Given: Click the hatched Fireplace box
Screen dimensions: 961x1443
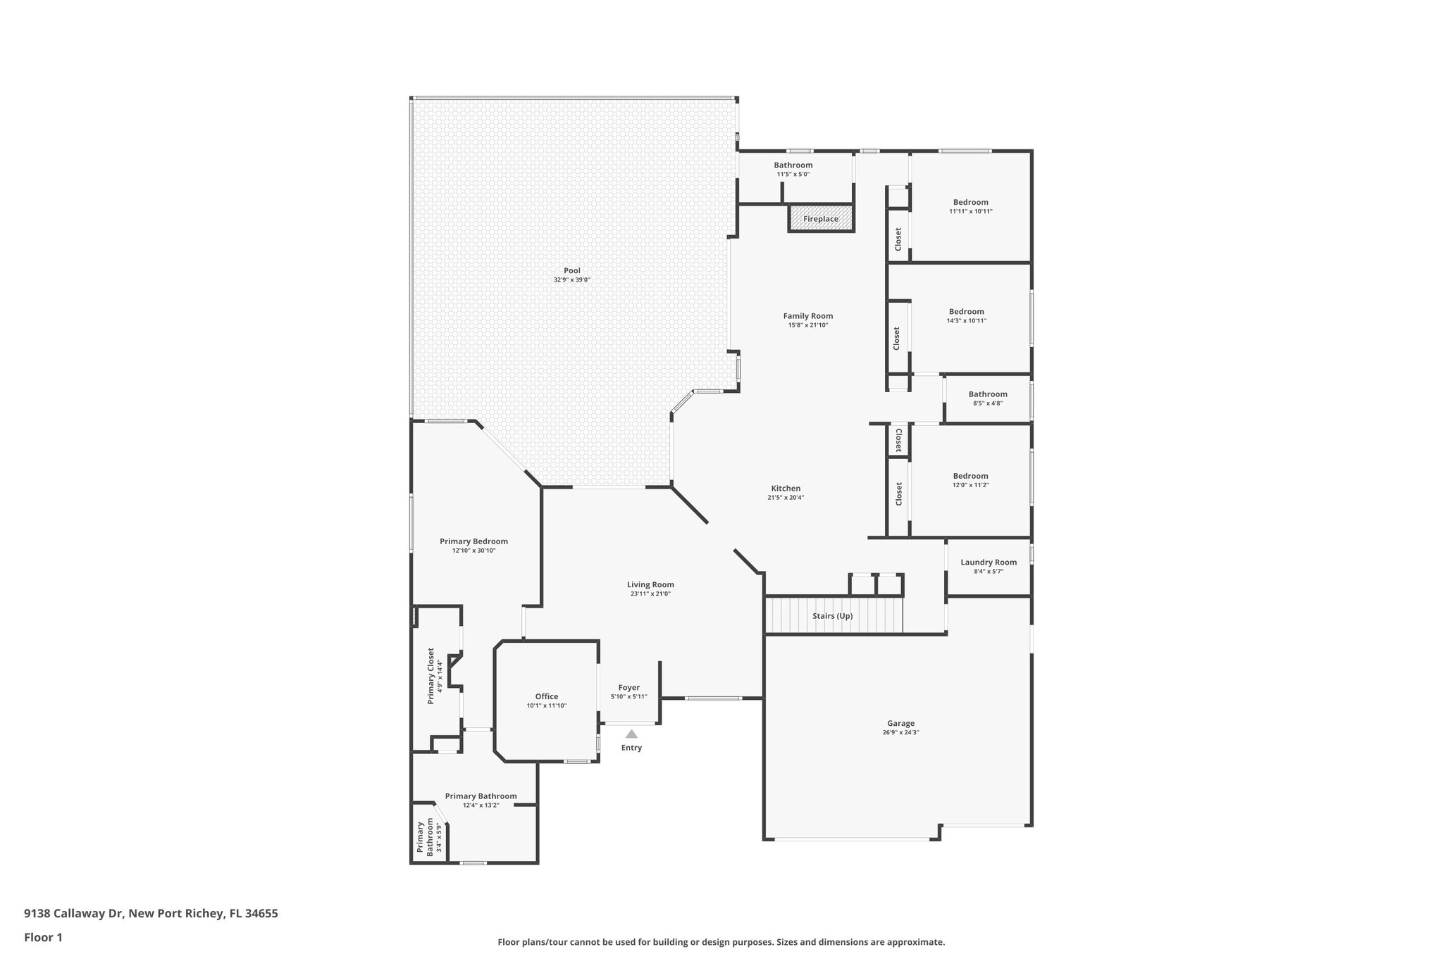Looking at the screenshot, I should (x=821, y=218).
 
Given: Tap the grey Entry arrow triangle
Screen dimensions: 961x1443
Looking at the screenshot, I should (x=631, y=734).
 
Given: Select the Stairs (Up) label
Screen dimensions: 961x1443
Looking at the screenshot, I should (x=832, y=616).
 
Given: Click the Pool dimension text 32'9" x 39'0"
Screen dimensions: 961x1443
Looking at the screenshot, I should (x=571, y=279).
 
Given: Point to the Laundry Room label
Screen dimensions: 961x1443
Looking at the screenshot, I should (x=988, y=562).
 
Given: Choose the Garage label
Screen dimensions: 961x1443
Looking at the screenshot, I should (x=900, y=723).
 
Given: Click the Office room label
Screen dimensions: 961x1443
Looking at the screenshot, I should (x=546, y=696).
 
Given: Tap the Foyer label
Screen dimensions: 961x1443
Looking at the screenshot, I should (x=628, y=688).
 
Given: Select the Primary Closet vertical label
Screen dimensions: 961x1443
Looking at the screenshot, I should (x=431, y=676).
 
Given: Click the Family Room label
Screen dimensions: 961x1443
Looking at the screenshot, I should (x=807, y=316).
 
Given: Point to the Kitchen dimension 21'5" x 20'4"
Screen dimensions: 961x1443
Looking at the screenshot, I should (x=786, y=497).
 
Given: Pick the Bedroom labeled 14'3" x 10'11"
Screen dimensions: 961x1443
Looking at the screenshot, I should (x=966, y=312).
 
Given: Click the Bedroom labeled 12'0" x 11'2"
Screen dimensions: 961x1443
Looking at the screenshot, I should (x=970, y=476).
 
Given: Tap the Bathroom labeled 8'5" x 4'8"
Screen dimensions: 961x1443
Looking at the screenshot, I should (x=987, y=394).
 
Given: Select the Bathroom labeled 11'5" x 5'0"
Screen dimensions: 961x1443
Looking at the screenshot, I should (x=793, y=165).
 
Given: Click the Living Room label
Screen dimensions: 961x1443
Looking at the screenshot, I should (x=650, y=584).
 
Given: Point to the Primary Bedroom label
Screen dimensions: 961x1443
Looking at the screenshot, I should (x=473, y=541).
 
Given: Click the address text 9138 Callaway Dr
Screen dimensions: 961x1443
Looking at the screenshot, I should (x=74, y=914).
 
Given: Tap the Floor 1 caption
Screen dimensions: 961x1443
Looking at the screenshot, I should (x=43, y=937).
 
